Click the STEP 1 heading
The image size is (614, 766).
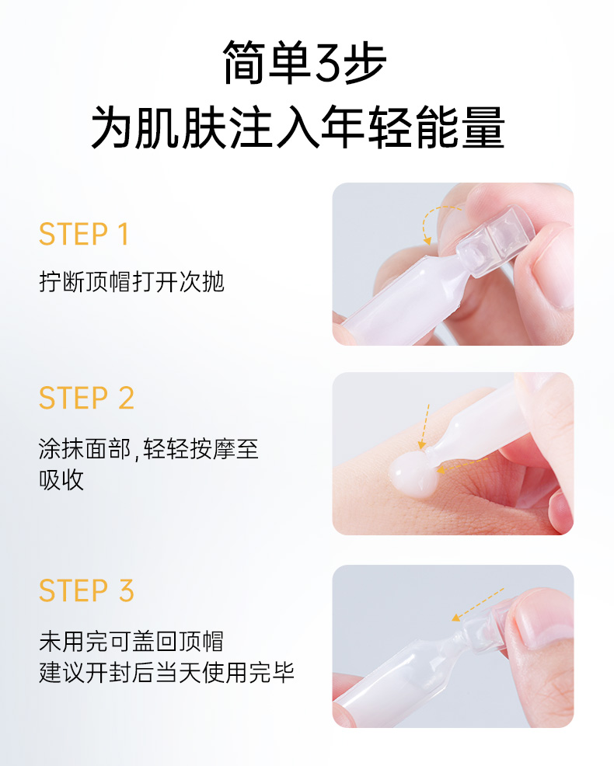click(x=84, y=234)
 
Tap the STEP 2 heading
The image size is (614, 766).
click(x=86, y=398)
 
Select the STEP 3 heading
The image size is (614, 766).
click(x=86, y=590)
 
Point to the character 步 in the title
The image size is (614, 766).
click(x=365, y=62)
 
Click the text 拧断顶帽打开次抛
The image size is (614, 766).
click(x=131, y=282)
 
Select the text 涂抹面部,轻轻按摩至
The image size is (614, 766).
click(x=148, y=448)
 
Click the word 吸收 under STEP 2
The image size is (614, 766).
click(x=61, y=480)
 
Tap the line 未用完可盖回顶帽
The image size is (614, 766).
click(x=131, y=642)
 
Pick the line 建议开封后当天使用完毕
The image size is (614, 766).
click(x=166, y=673)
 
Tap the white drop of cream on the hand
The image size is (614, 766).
click(x=411, y=474)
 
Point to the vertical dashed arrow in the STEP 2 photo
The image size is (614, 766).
click(x=424, y=426)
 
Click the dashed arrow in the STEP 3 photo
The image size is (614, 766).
click(x=478, y=604)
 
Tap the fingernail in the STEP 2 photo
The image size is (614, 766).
click(x=561, y=510)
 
